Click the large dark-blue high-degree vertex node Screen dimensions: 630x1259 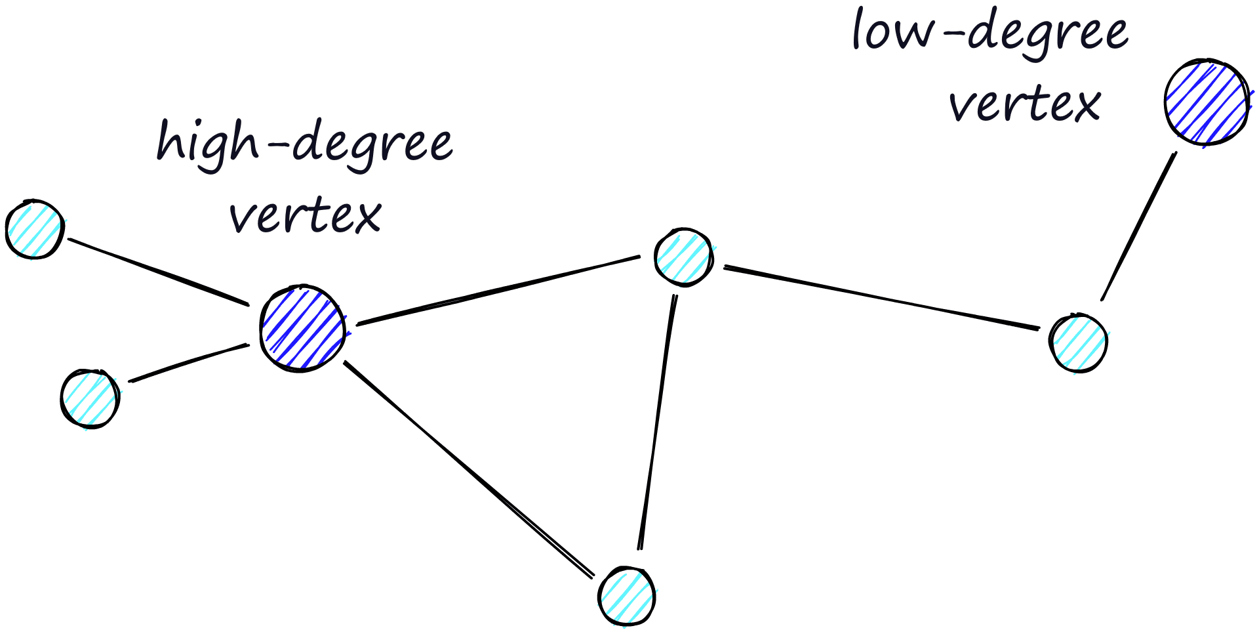[x=302, y=328]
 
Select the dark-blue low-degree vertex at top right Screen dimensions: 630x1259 [x=1206, y=102]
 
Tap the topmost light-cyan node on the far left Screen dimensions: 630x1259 [x=35, y=229]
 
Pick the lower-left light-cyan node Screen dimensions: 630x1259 [x=90, y=398]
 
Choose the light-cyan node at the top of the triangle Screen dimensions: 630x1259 [x=683, y=257]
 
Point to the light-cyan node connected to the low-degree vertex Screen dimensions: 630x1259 [x=1078, y=343]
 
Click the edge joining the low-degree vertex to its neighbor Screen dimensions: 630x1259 [x=1138, y=226]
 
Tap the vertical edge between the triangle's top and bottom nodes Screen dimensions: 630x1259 [x=657, y=422]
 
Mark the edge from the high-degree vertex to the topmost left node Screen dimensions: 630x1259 [x=159, y=272]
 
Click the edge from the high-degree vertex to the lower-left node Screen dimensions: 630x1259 [x=189, y=362]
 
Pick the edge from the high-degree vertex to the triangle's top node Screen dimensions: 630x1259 [x=498, y=290]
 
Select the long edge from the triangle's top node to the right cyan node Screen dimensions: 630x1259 [x=881, y=298]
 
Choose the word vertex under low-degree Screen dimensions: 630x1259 [x=1025, y=104]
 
